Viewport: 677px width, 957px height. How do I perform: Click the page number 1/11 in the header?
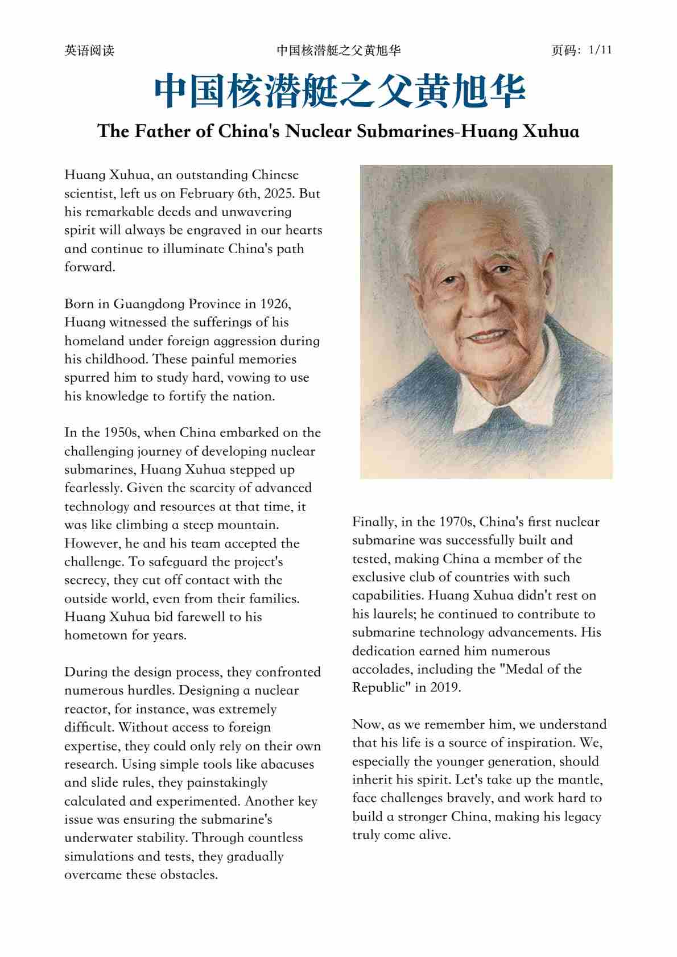[600, 50]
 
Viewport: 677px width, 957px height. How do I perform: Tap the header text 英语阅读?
[89, 51]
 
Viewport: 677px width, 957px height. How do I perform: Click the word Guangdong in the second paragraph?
[148, 304]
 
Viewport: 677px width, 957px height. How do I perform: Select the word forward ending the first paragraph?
[89, 267]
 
